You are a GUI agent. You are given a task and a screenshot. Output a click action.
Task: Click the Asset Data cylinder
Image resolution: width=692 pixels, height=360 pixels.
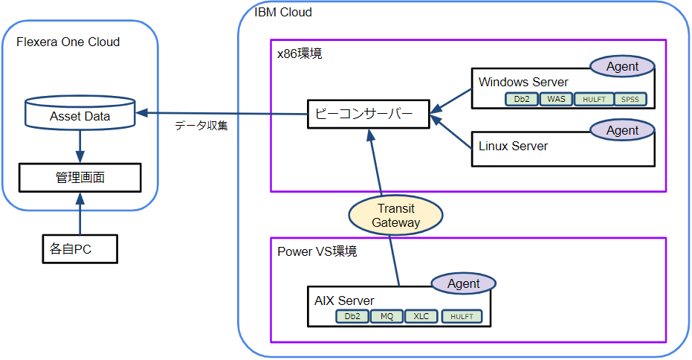(x=80, y=114)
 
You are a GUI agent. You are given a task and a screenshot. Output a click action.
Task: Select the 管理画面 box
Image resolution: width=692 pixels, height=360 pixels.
(x=80, y=178)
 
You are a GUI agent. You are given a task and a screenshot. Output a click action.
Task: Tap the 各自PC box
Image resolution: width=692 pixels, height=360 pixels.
(x=79, y=250)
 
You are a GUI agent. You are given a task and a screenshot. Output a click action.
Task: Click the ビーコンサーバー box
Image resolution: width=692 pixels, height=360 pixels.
(x=369, y=115)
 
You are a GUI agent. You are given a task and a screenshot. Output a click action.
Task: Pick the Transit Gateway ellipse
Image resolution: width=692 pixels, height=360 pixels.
(x=395, y=216)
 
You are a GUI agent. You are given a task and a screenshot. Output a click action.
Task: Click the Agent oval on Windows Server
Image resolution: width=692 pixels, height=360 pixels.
(x=622, y=66)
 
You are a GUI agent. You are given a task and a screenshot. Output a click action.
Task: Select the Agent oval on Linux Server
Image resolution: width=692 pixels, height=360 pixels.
(x=622, y=131)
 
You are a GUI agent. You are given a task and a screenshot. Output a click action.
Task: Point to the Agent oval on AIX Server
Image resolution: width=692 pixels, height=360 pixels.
(x=464, y=283)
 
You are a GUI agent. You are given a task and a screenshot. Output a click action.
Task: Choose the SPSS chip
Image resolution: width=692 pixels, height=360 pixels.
(x=630, y=99)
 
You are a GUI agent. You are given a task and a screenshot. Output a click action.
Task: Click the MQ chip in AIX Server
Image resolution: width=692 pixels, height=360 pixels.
(x=387, y=316)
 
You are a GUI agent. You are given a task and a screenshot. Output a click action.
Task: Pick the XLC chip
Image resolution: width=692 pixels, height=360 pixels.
(x=421, y=316)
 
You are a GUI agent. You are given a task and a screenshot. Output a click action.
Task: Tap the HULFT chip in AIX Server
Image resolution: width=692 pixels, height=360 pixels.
(x=461, y=316)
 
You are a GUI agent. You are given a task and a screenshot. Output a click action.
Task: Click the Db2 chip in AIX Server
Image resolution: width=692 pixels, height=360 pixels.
(x=352, y=316)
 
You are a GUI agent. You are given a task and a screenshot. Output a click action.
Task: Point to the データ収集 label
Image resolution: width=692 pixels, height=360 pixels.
(x=201, y=126)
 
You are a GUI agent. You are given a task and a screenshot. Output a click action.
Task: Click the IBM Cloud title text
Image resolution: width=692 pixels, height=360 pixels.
(x=283, y=12)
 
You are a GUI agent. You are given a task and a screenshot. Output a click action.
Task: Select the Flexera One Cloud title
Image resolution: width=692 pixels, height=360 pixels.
(x=68, y=42)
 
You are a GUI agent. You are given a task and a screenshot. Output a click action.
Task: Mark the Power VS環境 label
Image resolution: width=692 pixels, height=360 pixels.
(x=317, y=251)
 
